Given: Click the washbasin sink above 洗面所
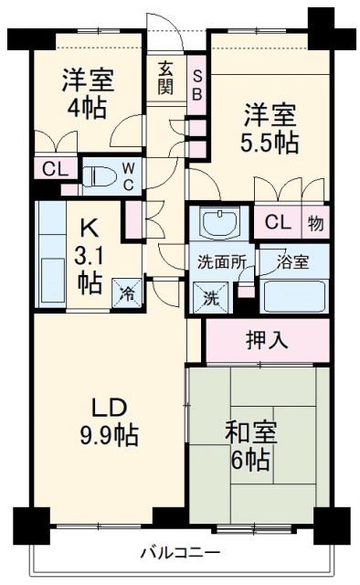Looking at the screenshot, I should [x=217, y=223].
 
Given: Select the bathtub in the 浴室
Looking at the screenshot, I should [x=293, y=294].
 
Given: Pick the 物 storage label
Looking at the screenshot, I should [x=314, y=223].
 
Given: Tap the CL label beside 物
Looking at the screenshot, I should [x=279, y=223].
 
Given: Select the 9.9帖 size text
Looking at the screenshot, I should [x=107, y=436].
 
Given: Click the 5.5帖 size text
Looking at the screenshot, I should [x=271, y=143].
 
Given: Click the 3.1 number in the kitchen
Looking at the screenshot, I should [x=90, y=255].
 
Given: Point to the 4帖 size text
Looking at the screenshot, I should [x=88, y=107].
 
